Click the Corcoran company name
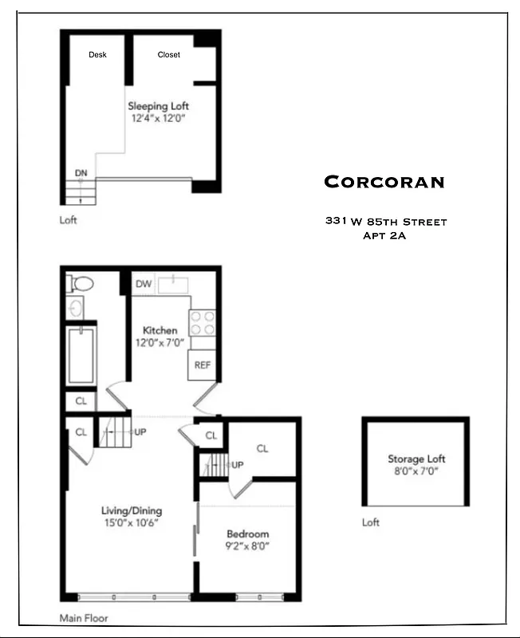384,182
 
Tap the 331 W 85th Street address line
385,221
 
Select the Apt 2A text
385,235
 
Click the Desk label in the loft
97,54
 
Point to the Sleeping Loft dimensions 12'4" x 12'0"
159,118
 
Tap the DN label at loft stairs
81,172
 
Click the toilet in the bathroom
81,284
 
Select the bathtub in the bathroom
81,355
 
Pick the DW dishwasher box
143,284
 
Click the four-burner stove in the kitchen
202,321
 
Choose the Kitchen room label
160,330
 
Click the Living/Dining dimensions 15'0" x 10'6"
132,523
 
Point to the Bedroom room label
247,534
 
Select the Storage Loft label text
416,459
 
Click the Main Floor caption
84,617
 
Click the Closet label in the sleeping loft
168,54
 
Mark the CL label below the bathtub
81,401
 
